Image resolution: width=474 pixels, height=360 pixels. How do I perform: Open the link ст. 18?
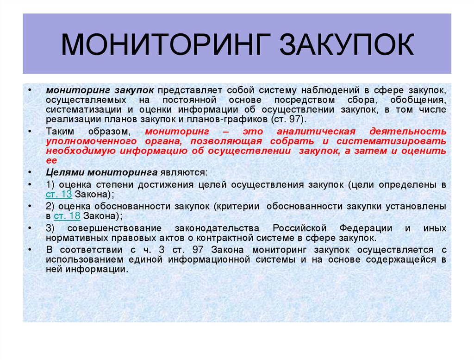[67, 216]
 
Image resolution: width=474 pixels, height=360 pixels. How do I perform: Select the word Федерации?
[365, 228]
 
